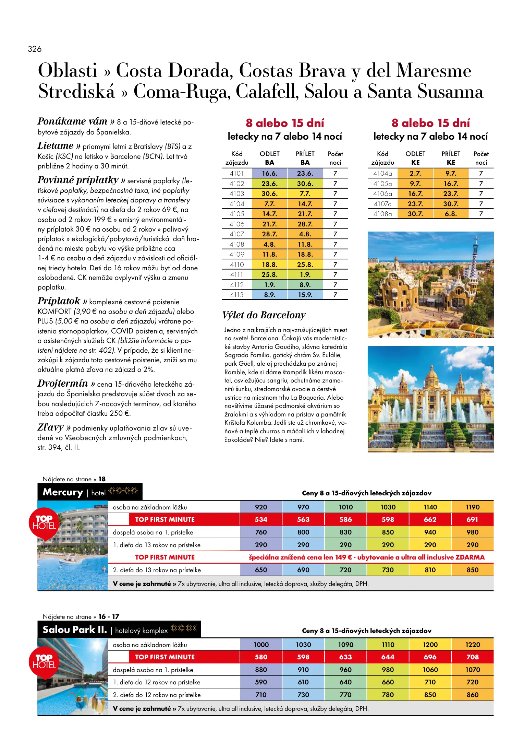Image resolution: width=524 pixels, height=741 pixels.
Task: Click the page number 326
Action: tap(35, 49)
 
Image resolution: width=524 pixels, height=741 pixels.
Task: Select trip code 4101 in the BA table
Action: tap(236, 174)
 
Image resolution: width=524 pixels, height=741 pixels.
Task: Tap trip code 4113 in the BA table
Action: tap(236, 295)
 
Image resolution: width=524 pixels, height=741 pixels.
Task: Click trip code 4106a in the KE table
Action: tap(382, 194)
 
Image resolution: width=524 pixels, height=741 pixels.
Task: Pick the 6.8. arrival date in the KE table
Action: tap(451, 214)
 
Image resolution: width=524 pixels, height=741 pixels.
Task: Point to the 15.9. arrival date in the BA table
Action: tap(305, 295)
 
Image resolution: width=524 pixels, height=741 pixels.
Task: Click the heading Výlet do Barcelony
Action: tap(264, 315)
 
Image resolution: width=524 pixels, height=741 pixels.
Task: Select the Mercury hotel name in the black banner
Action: tap(63, 492)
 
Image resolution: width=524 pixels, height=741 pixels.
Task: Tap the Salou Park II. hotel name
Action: tap(75, 630)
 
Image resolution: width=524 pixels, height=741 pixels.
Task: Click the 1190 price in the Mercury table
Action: tap(473, 507)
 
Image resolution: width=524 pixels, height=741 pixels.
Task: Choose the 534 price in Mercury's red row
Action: tap(261, 520)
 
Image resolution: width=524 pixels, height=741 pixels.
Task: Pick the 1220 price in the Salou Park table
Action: tap(473, 645)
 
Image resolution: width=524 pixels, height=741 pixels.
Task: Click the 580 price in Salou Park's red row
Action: tap(261, 657)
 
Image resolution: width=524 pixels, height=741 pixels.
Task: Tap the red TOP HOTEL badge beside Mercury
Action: tap(44, 523)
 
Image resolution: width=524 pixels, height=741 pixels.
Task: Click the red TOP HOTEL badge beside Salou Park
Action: tap(44, 662)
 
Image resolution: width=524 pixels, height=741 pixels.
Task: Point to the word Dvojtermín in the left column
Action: tap(63, 384)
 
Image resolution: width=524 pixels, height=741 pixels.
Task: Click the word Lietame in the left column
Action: tap(56, 146)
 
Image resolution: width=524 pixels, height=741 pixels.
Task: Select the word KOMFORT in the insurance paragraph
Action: tap(54, 312)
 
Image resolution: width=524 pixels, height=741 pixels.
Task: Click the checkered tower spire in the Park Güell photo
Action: tap(475, 254)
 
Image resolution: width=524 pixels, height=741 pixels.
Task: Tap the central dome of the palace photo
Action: tap(431, 375)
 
